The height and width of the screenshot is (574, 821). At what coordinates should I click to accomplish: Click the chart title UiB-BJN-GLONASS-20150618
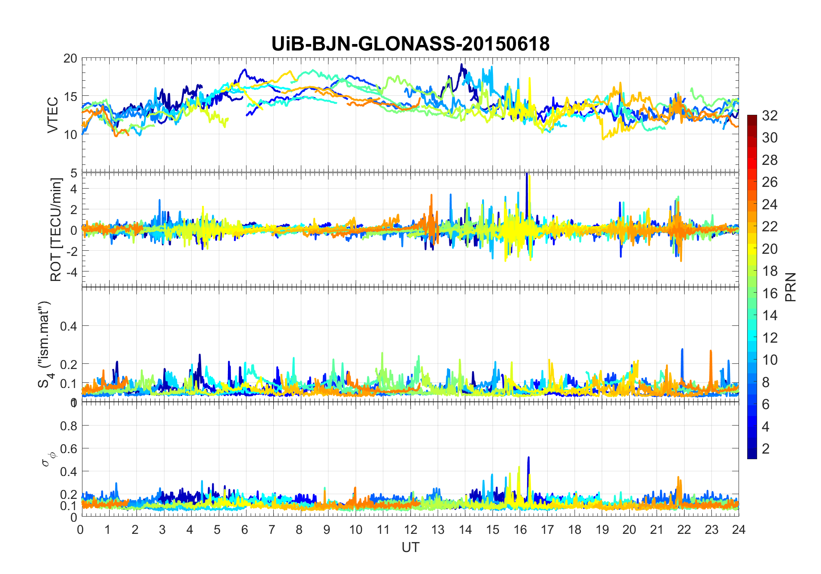(x=410, y=44)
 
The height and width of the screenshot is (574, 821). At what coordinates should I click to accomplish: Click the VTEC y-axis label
(x=53, y=115)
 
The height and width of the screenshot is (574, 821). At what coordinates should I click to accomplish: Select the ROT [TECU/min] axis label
(x=56, y=230)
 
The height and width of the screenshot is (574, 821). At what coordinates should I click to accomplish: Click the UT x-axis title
(x=410, y=548)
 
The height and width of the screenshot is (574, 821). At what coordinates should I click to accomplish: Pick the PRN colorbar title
(x=790, y=287)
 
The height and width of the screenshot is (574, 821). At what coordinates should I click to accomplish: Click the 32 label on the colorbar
(x=770, y=116)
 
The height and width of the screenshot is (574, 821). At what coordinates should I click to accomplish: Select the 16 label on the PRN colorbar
(x=770, y=293)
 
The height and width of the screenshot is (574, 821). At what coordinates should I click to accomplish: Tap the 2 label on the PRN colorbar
(x=766, y=449)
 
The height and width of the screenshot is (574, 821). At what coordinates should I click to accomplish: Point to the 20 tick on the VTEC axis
(x=70, y=59)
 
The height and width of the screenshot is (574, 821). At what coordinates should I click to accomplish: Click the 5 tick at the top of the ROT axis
(x=74, y=173)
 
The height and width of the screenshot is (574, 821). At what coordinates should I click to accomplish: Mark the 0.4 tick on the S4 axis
(x=69, y=326)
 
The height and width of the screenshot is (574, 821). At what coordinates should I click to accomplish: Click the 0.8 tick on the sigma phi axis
(x=69, y=426)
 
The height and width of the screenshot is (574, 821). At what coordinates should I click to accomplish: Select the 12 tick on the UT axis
(x=410, y=530)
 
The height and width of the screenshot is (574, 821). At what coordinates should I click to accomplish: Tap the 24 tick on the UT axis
(x=739, y=530)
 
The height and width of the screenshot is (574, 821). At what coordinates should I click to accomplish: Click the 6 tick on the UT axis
(x=245, y=530)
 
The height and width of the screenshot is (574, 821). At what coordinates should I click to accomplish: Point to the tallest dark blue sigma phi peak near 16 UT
(x=528, y=458)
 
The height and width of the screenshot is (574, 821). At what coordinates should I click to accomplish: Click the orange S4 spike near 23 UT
(x=710, y=352)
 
